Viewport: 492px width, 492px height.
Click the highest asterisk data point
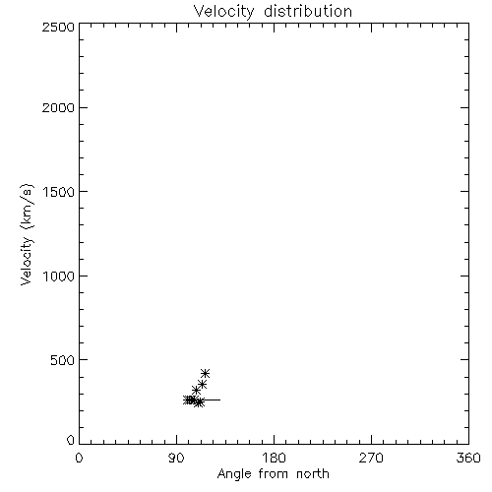tap(205, 373)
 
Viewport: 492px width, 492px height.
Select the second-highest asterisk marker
tap(202, 384)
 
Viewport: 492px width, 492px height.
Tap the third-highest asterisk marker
tap(196, 391)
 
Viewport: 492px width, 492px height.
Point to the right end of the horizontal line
tap(220, 400)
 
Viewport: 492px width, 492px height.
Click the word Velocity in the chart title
tap(224, 11)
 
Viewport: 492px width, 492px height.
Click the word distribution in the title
tap(308, 11)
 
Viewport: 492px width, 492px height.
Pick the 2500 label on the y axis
tap(58, 27)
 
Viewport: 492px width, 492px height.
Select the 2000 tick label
tap(58, 107)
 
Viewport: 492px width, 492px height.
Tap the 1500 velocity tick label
tap(59, 192)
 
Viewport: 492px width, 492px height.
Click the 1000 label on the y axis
tap(59, 276)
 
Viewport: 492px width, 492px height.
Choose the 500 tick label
tap(63, 360)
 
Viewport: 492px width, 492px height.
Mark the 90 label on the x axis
tap(176, 458)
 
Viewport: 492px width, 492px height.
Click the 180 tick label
tap(274, 458)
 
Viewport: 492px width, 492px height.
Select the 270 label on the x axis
tap(371, 458)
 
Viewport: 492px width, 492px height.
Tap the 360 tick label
tap(468, 458)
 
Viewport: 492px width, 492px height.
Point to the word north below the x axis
tap(313, 473)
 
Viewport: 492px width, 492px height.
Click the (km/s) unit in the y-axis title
tap(27, 207)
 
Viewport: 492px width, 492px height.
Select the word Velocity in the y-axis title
tap(27, 261)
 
